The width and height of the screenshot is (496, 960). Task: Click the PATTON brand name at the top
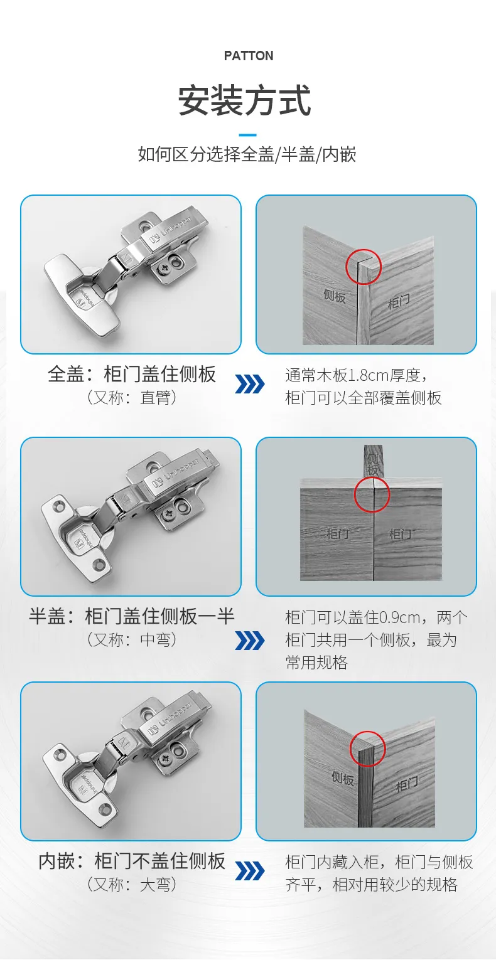248,56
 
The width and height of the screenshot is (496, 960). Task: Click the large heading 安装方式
245,101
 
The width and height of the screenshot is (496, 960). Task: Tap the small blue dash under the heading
248,135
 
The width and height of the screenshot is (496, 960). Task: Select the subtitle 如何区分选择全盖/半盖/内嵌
247,154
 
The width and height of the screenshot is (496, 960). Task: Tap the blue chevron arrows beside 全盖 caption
250,384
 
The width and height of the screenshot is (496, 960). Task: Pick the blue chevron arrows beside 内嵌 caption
250,872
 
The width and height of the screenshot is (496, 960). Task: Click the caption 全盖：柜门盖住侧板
132,374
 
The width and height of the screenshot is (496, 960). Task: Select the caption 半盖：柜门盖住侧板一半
132,616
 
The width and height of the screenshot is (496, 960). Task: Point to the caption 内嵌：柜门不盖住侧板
132,861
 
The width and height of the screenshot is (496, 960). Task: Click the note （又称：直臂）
132,398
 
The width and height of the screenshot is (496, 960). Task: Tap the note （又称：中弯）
132,640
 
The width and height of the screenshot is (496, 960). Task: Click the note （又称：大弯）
132,885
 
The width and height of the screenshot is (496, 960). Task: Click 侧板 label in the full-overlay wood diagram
335,296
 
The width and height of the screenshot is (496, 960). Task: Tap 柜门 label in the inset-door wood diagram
406,784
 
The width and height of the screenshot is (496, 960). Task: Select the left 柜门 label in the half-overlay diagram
338,533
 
